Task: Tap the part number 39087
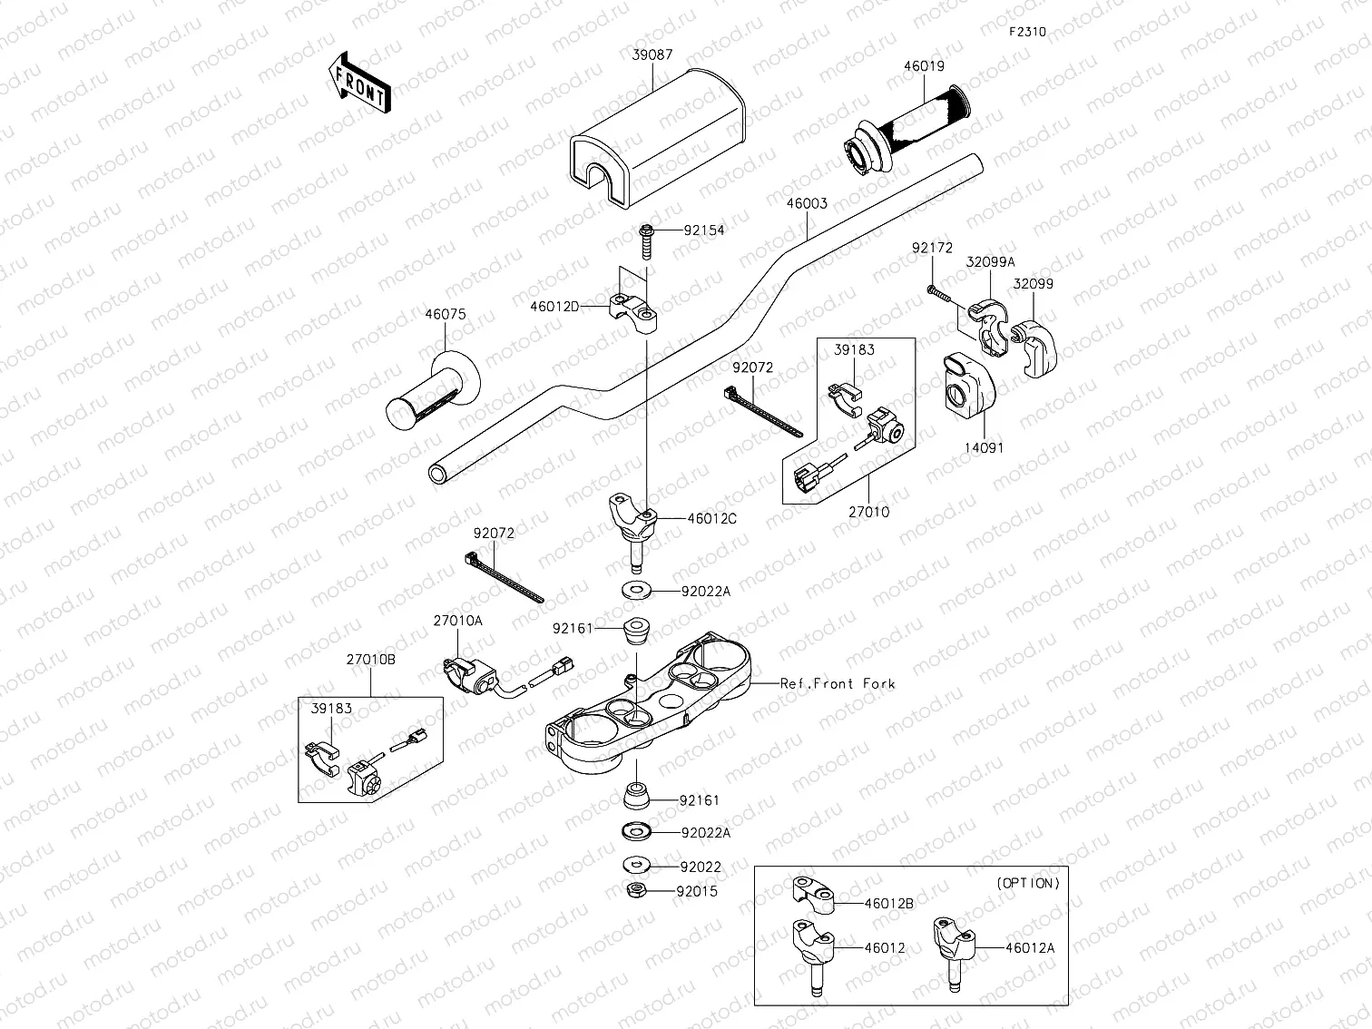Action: point(652,55)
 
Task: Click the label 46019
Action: point(924,66)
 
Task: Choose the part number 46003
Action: point(806,204)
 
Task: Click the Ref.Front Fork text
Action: point(838,683)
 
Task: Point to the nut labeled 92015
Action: point(637,891)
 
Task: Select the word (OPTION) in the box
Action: point(1028,882)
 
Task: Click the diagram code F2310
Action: point(1028,32)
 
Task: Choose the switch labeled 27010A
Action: point(471,676)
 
